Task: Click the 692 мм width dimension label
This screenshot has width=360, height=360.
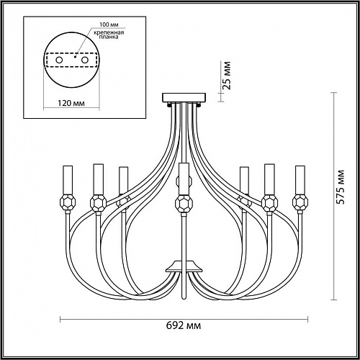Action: [x=184, y=325]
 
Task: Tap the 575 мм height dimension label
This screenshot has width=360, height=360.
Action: [x=340, y=187]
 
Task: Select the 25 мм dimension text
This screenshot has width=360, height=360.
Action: [x=227, y=76]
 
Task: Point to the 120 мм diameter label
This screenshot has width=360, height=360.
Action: [x=71, y=103]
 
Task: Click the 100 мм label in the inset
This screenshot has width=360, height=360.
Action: [x=109, y=24]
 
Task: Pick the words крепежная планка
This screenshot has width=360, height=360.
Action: [x=109, y=35]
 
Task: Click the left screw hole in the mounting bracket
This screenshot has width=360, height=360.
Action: [x=59, y=60]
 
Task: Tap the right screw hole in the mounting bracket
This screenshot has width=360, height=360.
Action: [x=85, y=60]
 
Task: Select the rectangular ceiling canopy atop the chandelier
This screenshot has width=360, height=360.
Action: [x=184, y=97]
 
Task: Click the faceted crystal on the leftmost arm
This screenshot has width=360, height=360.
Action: [x=68, y=202]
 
